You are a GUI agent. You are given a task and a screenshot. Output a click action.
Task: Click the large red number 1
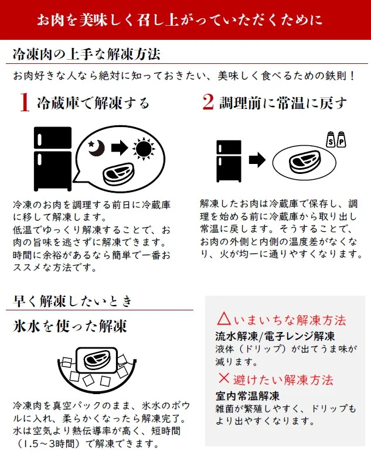pos(24,103)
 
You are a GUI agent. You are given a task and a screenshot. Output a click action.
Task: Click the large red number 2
pos(208,102)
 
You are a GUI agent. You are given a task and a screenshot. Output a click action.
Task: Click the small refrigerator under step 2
pos(229,160)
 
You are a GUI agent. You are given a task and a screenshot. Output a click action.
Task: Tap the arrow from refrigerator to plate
pos(256,160)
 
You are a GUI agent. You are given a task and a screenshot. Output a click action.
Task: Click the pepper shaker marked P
pos(342,141)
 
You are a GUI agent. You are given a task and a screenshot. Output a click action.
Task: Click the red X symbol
pos(223,378)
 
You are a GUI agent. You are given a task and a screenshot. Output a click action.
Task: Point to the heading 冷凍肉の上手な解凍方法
pos(87,54)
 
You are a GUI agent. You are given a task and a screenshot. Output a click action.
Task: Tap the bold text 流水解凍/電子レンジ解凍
pos(275,337)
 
